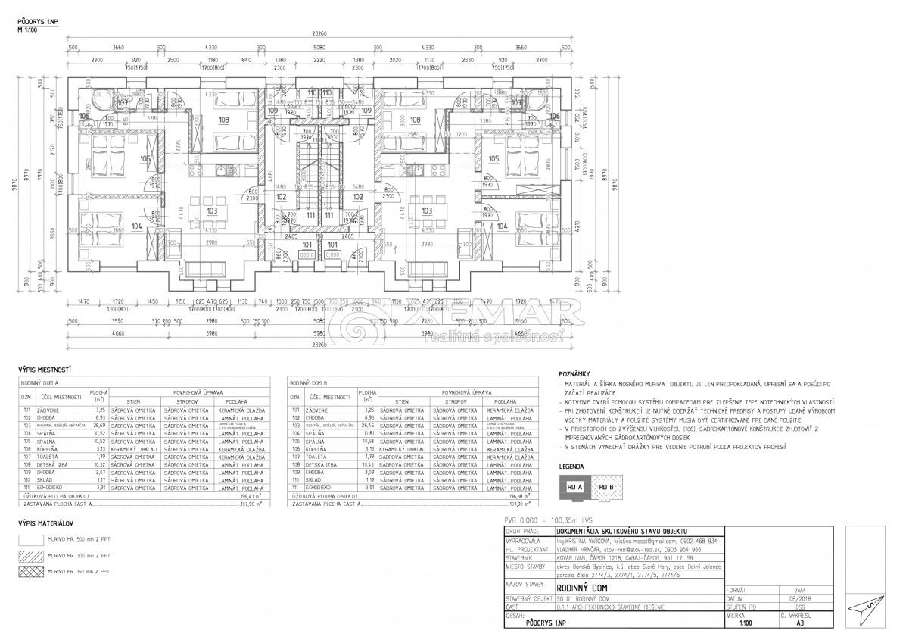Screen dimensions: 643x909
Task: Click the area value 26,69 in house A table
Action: (x=98, y=426)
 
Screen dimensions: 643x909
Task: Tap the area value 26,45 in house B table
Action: (x=368, y=426)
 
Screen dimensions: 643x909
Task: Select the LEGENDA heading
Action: (x=573, y=467)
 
